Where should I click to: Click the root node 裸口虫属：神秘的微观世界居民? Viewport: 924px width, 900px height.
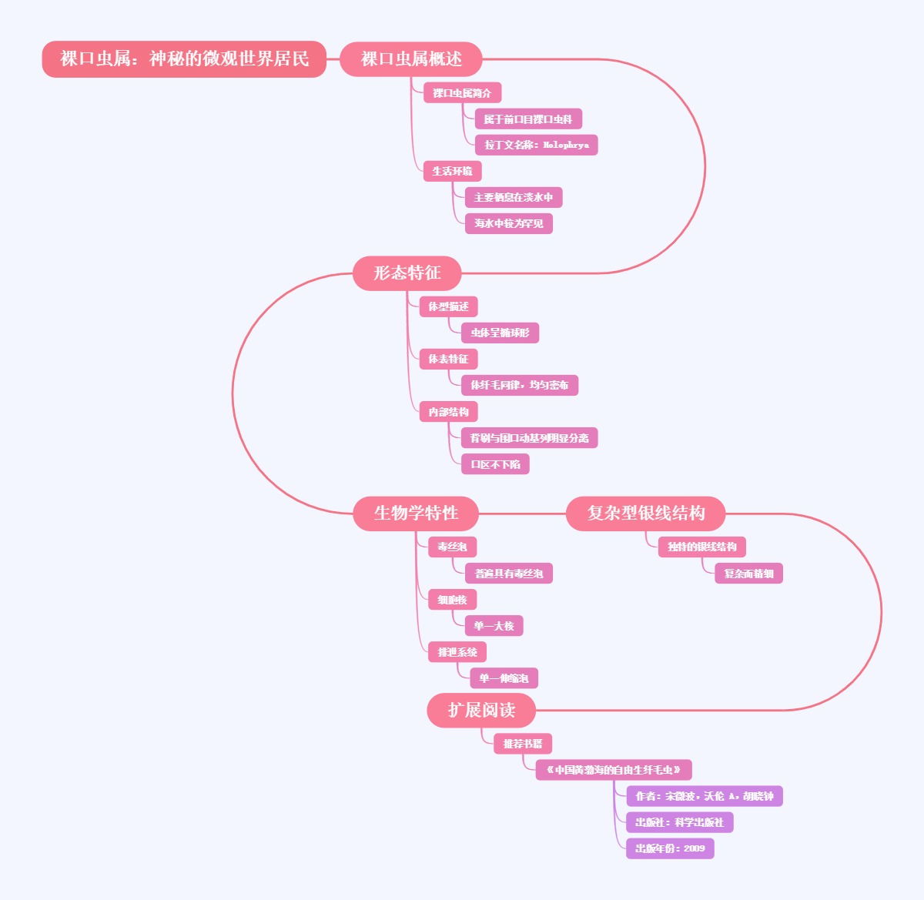click(184, 59)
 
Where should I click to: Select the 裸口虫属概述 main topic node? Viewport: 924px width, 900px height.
click(411, 59)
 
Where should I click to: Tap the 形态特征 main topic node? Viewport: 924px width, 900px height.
click(407, 273)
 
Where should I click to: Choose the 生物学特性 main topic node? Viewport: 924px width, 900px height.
click(416, 514)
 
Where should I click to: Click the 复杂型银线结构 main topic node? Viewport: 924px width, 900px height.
click(645, 514)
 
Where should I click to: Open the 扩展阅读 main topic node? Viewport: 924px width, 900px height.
click(481, 710)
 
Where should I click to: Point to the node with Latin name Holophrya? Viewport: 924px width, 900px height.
click(536, 145)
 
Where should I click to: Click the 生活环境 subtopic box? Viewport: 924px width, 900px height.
click(452, 171)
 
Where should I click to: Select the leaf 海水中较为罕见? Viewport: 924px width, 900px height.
click(508, 223)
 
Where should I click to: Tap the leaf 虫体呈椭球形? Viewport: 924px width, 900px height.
click(500, 333)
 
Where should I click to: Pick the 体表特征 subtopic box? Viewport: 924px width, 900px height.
click(448, 359)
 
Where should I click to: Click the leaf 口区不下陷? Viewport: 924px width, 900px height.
click(495, 464)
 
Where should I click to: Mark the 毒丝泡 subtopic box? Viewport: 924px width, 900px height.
click(452, 547)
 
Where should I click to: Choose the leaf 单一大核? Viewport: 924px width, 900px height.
click(494, 626)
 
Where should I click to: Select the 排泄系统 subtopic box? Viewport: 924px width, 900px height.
click(457, 652)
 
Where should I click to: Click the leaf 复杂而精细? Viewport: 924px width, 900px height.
click(748, 574)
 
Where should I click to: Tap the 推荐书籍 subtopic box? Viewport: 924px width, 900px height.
click(523, 744)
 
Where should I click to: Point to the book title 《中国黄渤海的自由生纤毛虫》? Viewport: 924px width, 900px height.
click(614, 770)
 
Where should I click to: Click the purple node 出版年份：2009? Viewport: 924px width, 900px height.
click(670, 848)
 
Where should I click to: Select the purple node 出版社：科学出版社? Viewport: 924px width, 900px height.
click(679, 822)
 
